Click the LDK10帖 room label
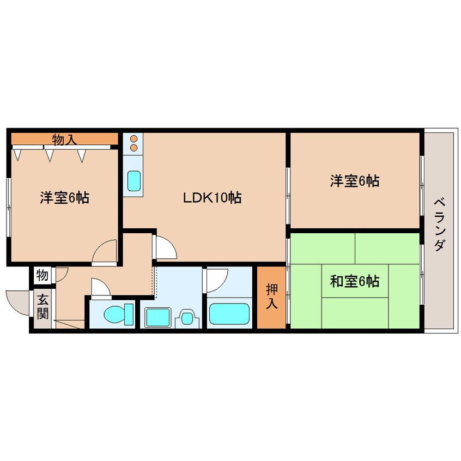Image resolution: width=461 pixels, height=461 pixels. tap(212, 197)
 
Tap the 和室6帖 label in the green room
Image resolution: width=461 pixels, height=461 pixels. tap(354, 282)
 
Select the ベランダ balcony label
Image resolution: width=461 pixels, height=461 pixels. tap(440, 224)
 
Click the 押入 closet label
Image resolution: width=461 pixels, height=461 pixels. tap(271, 296)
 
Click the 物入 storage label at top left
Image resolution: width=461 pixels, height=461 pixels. tap(64, 139)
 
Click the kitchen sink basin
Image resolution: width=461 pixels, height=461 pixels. tap(134, 181)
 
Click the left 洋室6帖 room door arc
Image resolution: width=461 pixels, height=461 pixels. tap(105, 252)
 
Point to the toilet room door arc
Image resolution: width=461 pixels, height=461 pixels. tap(100, 287)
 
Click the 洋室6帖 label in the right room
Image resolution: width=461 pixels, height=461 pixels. tap(354, 180)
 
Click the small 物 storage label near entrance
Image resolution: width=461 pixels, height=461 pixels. tap(42, 275)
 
